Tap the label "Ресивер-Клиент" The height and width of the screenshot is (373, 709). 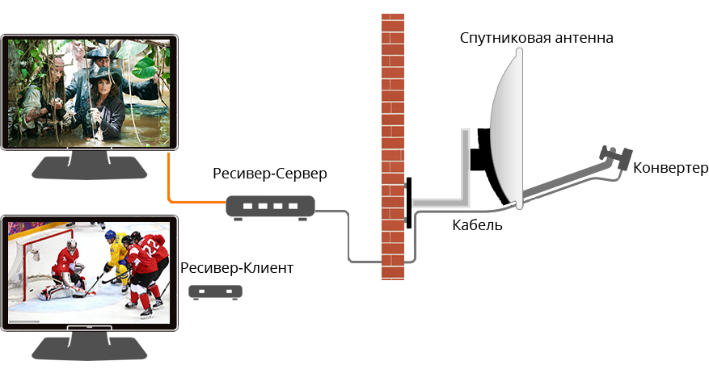pyautogui.click(x=237, y=267)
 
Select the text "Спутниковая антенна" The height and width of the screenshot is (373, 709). pyautogui.click(x=536, y=38)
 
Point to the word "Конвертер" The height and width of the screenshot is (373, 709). pyautogui.click(x=671, y=168)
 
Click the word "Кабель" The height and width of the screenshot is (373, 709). pyautogui.click(x=477, y=225)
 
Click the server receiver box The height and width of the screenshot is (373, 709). pyautogui.click(x=268, y=207)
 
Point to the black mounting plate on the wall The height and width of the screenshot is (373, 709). pyautogui.click(x=408, y=202)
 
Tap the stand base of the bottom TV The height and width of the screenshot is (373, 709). pyautogui.click(x=89, y=350)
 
